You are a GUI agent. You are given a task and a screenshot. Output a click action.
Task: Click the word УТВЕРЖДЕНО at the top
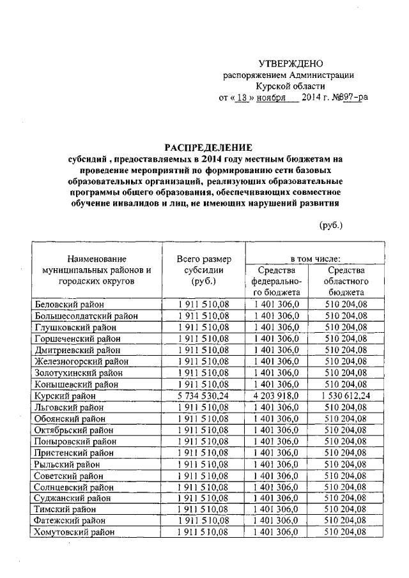pyautogui.click(x=291, y=63)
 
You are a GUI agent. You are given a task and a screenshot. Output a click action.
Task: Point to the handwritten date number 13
pyautogui.click(x=240, y=98)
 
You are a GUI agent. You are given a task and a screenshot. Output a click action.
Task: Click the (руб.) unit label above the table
pyautogui.click(x=330, y=225)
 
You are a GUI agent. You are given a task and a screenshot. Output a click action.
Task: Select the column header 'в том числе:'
pyautogui.click(x=315, y=259)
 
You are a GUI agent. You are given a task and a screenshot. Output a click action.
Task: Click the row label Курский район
pyautogui.click(x=65, y=396)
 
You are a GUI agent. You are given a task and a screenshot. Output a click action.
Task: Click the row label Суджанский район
pyautogui.click(x=73, y=498)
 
